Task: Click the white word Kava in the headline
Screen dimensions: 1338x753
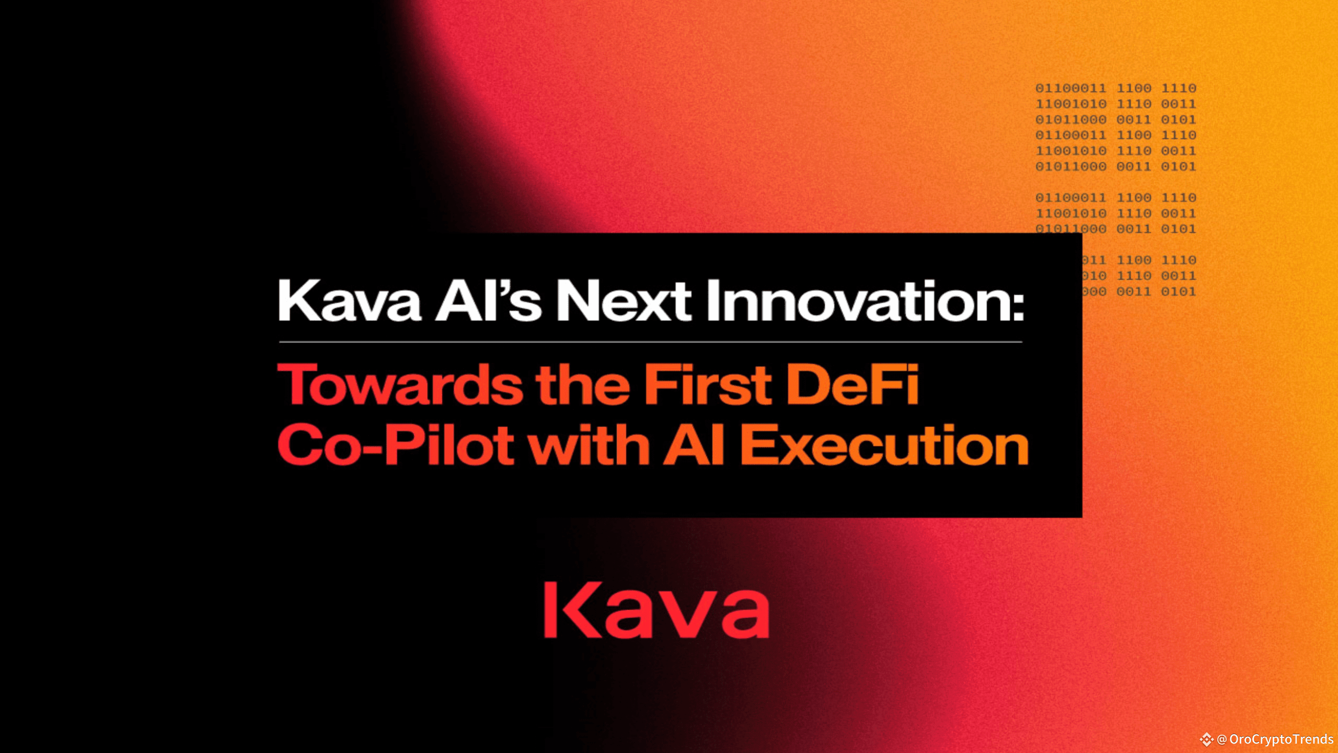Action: (x=350, y=302)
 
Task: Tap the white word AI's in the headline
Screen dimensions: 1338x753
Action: (x=488, y=302)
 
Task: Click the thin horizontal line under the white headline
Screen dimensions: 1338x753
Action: (x=651, y=342)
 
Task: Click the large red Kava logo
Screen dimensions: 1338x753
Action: (x=656, y=610)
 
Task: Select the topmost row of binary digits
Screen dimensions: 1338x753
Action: (x=1115, y=88)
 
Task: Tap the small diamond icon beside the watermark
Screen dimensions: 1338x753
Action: (x=1207, y=739)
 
